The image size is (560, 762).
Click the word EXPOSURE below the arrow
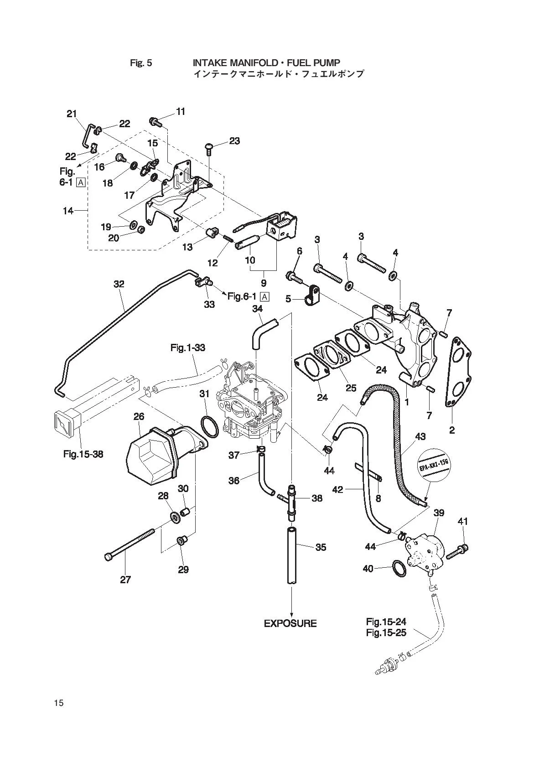pos(290,623)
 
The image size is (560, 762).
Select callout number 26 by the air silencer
pos(139,416)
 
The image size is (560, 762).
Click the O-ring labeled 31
pos(210,426)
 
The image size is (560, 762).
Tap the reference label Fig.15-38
pos(83,454)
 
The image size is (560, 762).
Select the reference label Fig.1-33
pos(188,347)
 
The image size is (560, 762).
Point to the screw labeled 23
pos(209,149)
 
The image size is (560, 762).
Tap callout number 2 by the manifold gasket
pos(452,430)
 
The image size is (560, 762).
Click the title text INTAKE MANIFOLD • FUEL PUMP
pos(266,63)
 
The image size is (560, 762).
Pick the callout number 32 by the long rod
pos(119,284)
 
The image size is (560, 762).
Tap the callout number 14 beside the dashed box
pos(68,211)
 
